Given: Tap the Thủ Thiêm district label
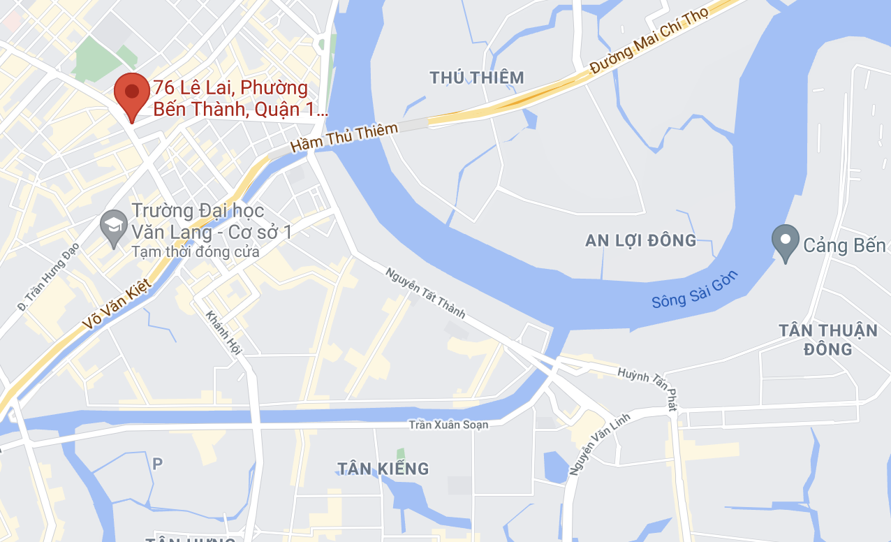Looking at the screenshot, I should (x=477, y=78).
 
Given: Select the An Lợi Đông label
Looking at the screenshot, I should (x=641, y=241).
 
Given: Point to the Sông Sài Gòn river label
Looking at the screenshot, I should (x=694, y=289).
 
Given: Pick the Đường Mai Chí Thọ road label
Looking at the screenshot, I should (x=649, y=41).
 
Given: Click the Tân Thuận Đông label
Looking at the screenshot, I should (x=828, y=339).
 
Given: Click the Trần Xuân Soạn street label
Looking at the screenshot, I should (x=448, y=424).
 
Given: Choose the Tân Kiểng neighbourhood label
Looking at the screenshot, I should (x=383, y=468).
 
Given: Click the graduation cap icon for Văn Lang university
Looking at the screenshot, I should (x=112, y=226).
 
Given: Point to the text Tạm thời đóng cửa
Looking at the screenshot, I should (x=195, y=252).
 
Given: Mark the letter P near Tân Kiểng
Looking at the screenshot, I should (x=157, y=462).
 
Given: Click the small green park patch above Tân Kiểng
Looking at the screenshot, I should (x=400, y=454).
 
